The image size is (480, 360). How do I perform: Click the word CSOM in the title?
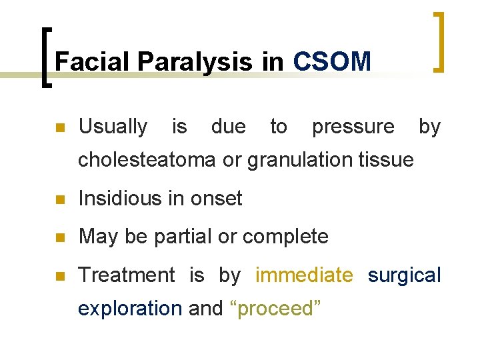[x=331, y=62]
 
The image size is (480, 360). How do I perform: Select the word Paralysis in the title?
[x=196, y=62]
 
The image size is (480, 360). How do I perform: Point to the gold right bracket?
[x=438, y=41]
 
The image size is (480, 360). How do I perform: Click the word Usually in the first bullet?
[x=113, y=126]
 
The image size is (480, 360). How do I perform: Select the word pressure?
[x=353, y=126]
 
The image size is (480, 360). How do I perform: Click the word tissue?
[x=390, y=160]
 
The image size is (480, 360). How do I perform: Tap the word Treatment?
[x=126, y=275]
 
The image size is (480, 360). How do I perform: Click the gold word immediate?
[x=304, y=275]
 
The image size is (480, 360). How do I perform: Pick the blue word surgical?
[x=404, y=275]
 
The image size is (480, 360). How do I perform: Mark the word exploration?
[x=129, y=309]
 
